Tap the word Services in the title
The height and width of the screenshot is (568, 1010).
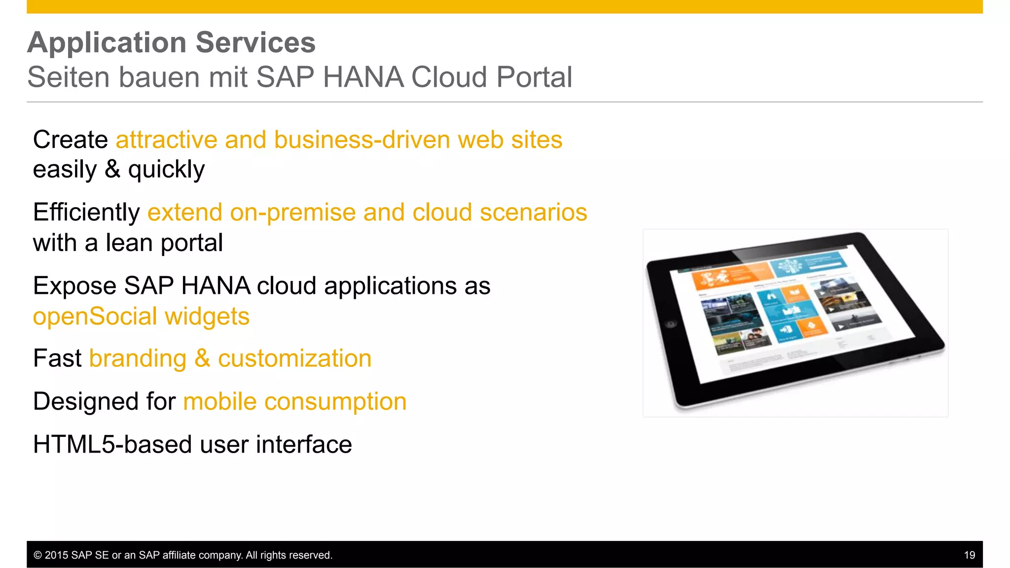255,42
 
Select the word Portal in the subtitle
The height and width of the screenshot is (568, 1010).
534,77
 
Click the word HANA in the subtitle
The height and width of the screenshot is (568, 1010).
363,77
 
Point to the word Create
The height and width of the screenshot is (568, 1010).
70,140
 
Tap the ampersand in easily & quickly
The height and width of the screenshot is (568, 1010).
112,170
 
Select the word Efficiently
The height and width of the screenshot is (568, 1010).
86,213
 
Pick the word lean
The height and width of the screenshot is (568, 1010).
129,243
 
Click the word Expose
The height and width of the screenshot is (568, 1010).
74,286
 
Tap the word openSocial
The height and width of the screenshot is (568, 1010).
95,316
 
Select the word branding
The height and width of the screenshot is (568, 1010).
138,358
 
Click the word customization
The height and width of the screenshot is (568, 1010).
294,358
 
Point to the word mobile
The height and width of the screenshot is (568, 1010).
219,401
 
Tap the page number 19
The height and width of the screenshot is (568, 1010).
969,555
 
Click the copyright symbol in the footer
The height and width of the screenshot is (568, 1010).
37,555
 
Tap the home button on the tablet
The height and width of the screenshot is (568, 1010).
670,324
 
